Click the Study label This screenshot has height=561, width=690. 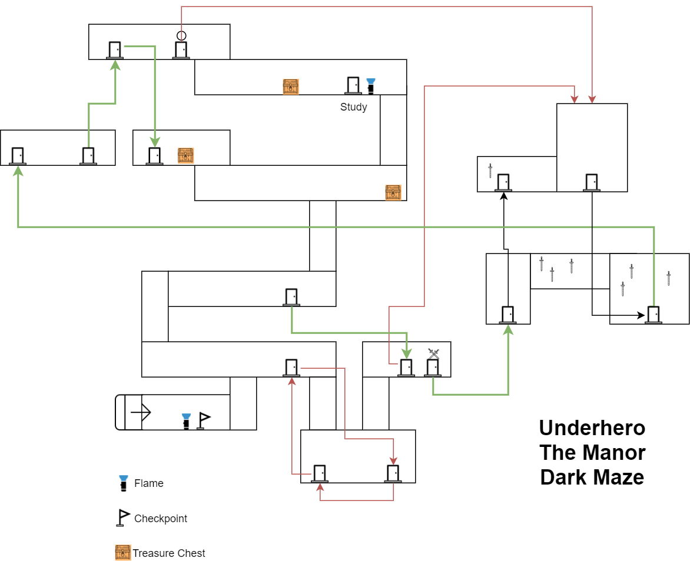click(x=353, y=107)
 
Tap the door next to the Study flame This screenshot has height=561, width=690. click(x=353, y=86)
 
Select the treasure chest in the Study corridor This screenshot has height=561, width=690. click(x=291, y=86)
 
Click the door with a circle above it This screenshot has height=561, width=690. click(x=181, y=50)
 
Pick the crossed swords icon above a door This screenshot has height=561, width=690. click(x=434, y=353)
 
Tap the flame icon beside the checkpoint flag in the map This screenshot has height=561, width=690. click(x=187, y=421)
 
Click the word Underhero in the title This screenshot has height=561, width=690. click(x=592, y=428)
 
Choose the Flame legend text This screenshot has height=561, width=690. click(x=149, y=483)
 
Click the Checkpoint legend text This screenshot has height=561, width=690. click(x=161, y=519)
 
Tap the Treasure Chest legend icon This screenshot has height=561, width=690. click(x=122, y=553)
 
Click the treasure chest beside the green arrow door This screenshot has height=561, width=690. click(x=186, y=155)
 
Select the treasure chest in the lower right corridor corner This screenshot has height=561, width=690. click(x=393, y=192)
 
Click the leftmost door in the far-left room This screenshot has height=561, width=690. click(x=18, y=156)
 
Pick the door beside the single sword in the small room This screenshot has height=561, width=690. click(x=503, y=182)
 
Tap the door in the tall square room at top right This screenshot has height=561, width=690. click(x=592, y=182)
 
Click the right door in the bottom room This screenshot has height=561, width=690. click(x=393, y=473)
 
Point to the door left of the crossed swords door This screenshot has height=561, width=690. click(x=406, y=368)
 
